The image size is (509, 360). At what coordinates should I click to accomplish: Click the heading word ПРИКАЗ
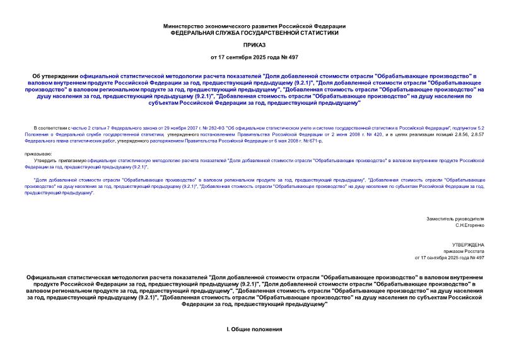coord(254,45)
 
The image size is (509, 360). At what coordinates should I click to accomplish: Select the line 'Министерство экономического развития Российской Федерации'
coord(254,26)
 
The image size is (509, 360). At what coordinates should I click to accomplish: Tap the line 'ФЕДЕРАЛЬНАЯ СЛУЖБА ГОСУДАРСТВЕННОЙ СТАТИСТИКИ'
coord(254,32)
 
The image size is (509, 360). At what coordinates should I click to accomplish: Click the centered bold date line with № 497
coord(254,57)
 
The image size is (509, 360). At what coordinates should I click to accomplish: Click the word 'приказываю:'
coord(39,153)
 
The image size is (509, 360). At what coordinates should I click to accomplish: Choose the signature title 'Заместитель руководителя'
coord(455,218)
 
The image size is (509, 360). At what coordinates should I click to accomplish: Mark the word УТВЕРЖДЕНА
coord(468,244)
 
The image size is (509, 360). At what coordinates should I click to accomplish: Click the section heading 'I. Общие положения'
coord(254,330)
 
